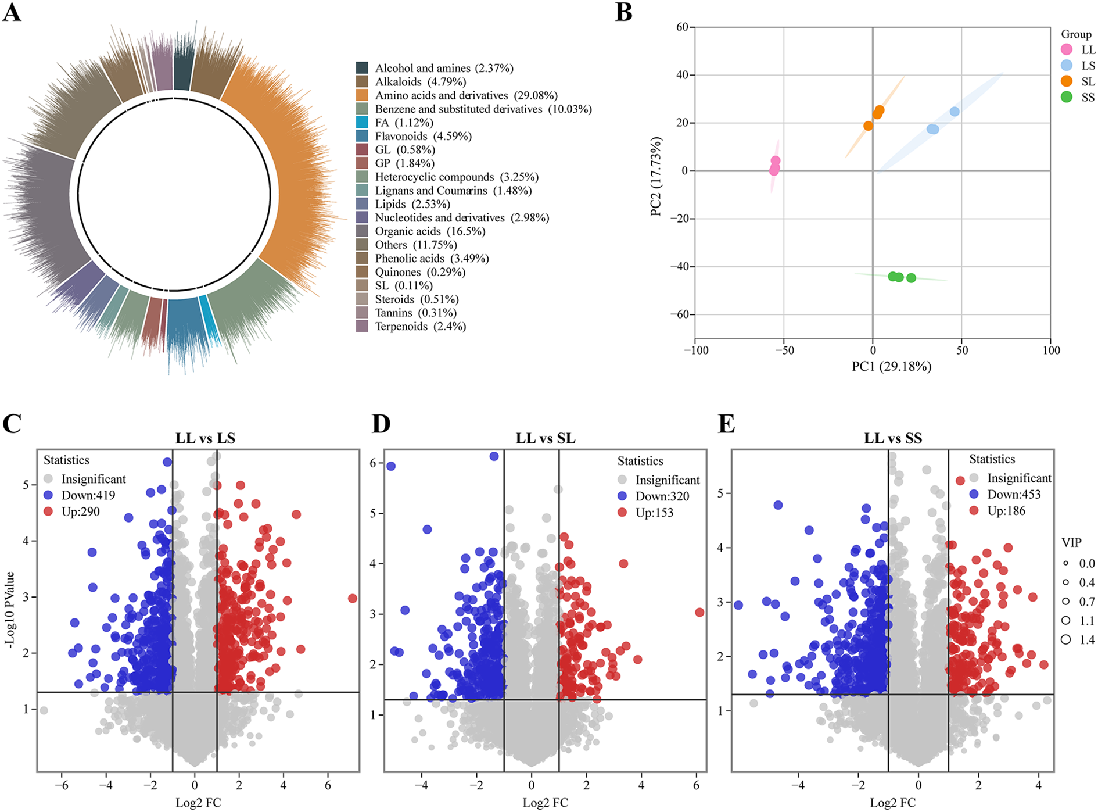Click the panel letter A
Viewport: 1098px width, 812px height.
pyautogui.click(x=12, y=12)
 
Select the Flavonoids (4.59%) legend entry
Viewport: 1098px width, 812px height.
pyautogui.click(x=423, y=137)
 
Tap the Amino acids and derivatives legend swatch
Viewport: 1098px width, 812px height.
pyautogui.click(x=362, y=95)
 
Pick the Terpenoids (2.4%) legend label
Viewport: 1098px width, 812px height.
pyautogui.click(x=420, y=327)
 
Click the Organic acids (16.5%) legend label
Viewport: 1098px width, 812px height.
pyautogui.click(x=430, y=231)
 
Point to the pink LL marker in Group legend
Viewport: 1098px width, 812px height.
pyautogui.click(x=1066, y=50)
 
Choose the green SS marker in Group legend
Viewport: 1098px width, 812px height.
pyautogui.click(x=1066, y=97)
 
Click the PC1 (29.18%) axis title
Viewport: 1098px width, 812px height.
pyautogui.click(x=891, y=367)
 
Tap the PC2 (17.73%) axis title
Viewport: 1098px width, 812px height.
pyautogui.click(x=656, y=176)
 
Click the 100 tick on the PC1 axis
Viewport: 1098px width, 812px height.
pyautogui.click(x=1051, y=350)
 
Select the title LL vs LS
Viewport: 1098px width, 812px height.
pyautogui.click(x=205, y=438)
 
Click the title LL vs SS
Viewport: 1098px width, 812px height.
pyautogui.click(x=892, y=438)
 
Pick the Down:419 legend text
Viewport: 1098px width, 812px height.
pyautogui.click(x=88, y=496)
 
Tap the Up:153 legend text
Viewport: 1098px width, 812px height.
pyautogui.click(x=654, y=513)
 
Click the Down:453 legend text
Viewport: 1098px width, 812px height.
pyautogui.click(x=1014, y=495)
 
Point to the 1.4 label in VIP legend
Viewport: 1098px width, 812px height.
pyautogui.click(x=1086, y=640)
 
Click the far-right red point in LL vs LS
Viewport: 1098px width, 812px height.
pyautogui.click(x=352, y=598)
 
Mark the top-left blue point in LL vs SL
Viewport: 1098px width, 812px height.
pyautogui.click(x=391, y=466)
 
